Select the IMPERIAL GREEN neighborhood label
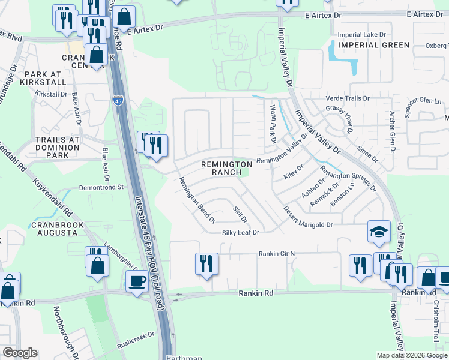point(373,45)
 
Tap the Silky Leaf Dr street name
point(240,232)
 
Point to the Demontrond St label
point(100,187)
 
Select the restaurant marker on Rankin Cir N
point(206,263)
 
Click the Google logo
point(20,353)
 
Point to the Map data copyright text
point(412,355)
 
